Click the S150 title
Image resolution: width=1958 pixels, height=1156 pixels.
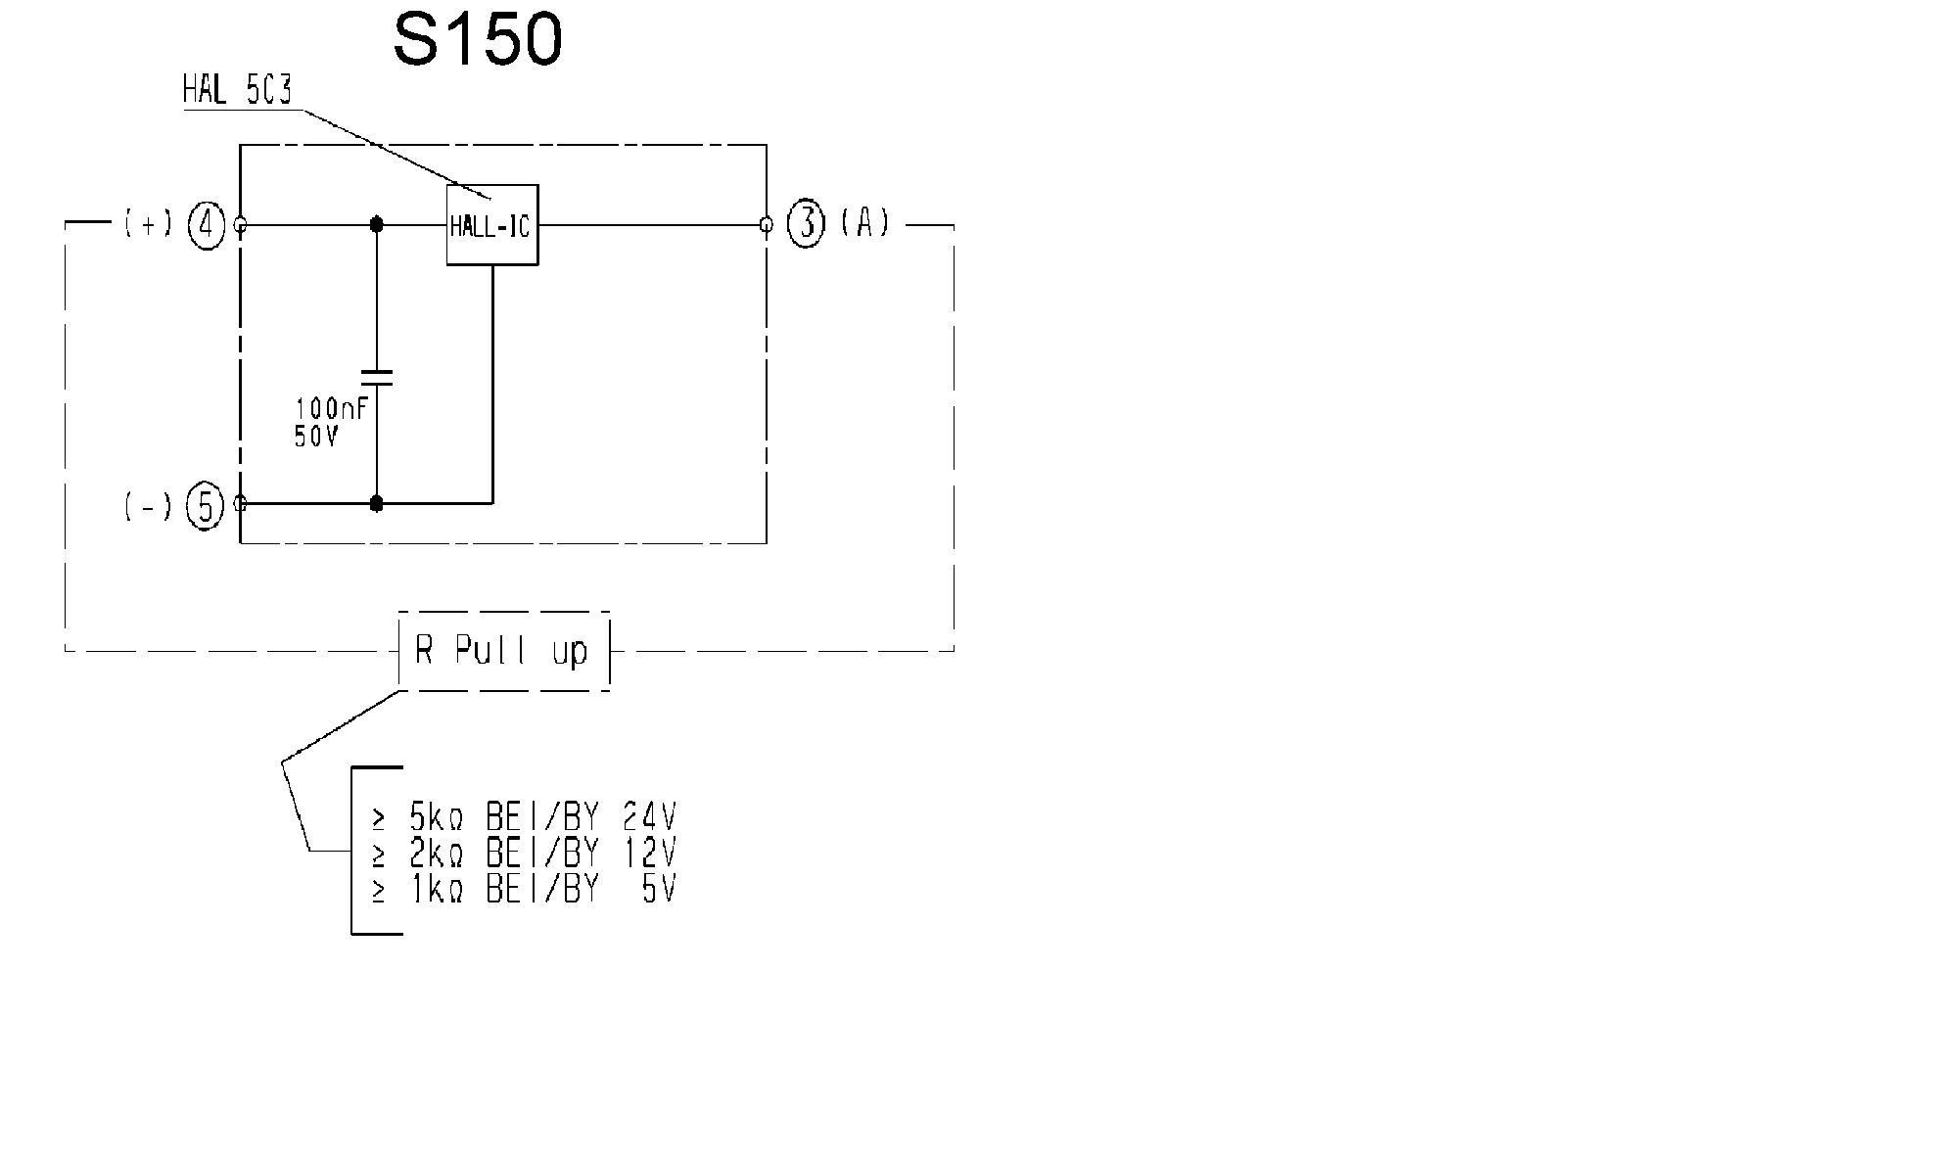[478, 40]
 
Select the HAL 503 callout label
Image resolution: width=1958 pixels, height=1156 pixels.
[237, 90]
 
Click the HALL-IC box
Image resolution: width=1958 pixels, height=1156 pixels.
[491, 225]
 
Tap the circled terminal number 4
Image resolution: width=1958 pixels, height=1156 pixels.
[207, 225]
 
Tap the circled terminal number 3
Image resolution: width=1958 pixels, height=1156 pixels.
[806, 224]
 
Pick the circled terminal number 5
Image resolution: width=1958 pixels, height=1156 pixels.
[206, 506]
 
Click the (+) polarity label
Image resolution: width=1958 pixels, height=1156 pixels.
[148, 224]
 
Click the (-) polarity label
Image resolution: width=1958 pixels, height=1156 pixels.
[148, 506]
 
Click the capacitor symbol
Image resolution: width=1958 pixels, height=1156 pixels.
[376, 378]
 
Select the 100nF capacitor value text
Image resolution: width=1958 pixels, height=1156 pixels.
[331, 408]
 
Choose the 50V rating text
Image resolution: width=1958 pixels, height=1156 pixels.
[315, 437]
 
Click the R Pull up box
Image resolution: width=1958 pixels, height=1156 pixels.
[503, 651]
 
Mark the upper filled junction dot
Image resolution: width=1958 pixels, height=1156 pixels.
[376, 225]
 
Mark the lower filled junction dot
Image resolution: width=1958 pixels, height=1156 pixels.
[376, 504]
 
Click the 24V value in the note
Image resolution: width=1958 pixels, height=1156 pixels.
[648, 816]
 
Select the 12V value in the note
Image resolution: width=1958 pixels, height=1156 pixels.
[648, 854]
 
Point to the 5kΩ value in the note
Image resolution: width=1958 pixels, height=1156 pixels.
[435, 816]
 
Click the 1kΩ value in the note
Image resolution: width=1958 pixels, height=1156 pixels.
[435, 890]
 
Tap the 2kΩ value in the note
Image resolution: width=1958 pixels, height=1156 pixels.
[435, 854]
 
